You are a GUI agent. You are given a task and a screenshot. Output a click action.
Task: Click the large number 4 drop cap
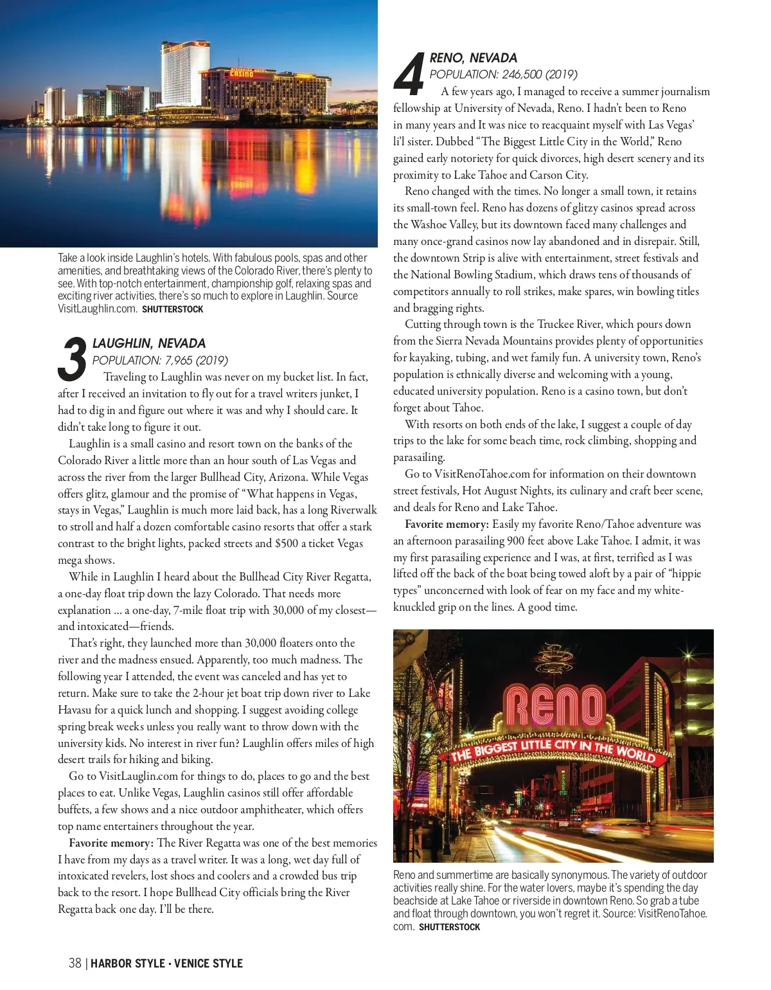coord(409,73)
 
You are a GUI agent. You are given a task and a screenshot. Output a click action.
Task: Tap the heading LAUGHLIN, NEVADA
coord(149,343)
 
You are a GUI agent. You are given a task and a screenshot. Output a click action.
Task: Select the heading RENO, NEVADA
coord(473,58)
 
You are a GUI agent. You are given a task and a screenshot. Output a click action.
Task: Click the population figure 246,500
coord(522,75)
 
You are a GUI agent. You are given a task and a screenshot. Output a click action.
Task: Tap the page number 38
coord(75,963)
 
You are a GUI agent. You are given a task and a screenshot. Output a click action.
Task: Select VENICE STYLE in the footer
coord(208,963)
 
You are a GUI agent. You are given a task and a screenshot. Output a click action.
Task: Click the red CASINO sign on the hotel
coord(242,74)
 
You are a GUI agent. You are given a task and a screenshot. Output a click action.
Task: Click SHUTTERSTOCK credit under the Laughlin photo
coord(172,309)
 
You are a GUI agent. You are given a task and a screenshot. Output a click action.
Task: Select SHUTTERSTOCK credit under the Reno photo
coord(449,927)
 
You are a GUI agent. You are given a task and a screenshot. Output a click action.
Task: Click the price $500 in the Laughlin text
coord(287,543)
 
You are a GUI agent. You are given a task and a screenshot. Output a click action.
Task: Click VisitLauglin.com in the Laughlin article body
coord(138,776)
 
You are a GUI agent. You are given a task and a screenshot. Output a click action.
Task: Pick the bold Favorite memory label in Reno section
coord(447,524)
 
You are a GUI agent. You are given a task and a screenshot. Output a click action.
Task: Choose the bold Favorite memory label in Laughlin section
coord(111,843)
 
